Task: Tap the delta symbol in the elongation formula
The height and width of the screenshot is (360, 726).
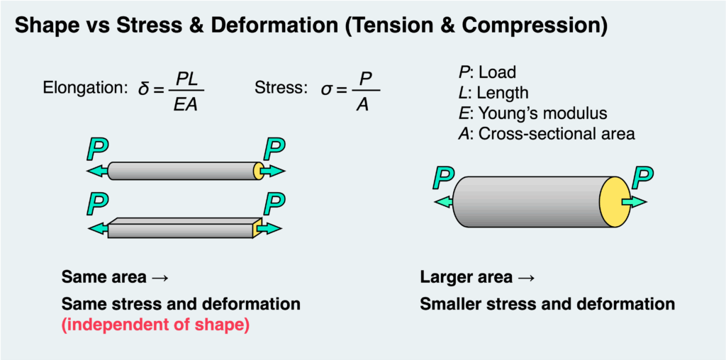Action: tap(142, 89)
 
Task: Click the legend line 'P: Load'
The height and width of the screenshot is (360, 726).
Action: tap(487, 72)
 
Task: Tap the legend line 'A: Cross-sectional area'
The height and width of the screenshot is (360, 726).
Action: tap(546, 134)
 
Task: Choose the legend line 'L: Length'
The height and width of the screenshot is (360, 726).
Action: tap(493, 93)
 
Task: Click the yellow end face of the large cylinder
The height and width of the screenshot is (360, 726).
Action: tap(614, 202)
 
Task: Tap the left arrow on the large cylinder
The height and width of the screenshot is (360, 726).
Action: tap(444, 202)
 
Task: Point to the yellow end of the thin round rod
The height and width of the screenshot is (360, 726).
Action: tap(259, 171)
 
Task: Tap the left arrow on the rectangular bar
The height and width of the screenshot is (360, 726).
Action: tap(98, 228)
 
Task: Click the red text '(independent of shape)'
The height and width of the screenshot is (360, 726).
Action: tap(155, 327)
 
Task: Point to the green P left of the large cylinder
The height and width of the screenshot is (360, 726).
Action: tap(444, 177)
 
